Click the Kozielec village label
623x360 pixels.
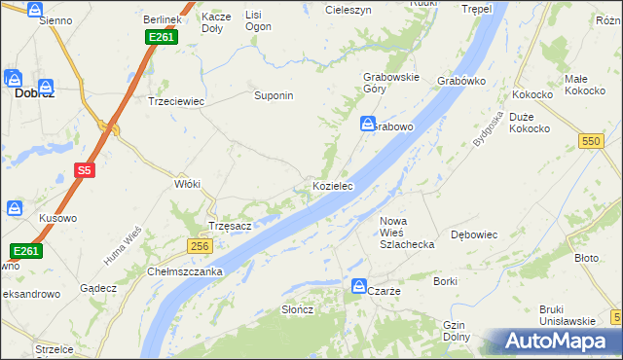pyautogui.click(x=332, y=185)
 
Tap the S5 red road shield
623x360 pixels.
pyautogui.click(x=85, y=170)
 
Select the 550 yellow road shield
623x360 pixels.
pyautogui.click(x=590, y=141)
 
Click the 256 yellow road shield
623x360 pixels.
pyautogui.click(x=200, y=247)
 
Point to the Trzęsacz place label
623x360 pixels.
pyautogui.click(x=231, y=226)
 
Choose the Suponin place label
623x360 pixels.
pyautogui.click(x=274, y=96)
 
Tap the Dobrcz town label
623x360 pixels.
pyautogui.click(x=32, y=95)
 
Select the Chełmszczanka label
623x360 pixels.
pyautogui.click(x=185, y=270)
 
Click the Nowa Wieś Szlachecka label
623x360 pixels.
pyautogui.click(x=406, y=233)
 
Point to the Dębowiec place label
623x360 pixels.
pyautogui.click(x=475, y=234)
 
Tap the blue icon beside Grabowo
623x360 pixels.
pyautogui.click(x=368, y=125)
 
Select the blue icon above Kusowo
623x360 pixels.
pyautogui.click(x=15, y=207)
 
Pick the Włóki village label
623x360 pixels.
pyautogui.click(x=186, y=184)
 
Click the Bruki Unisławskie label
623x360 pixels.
pyautogui.click(x=567, y=315)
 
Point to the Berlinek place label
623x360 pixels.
pyautogui.click(x=162, y=19)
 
